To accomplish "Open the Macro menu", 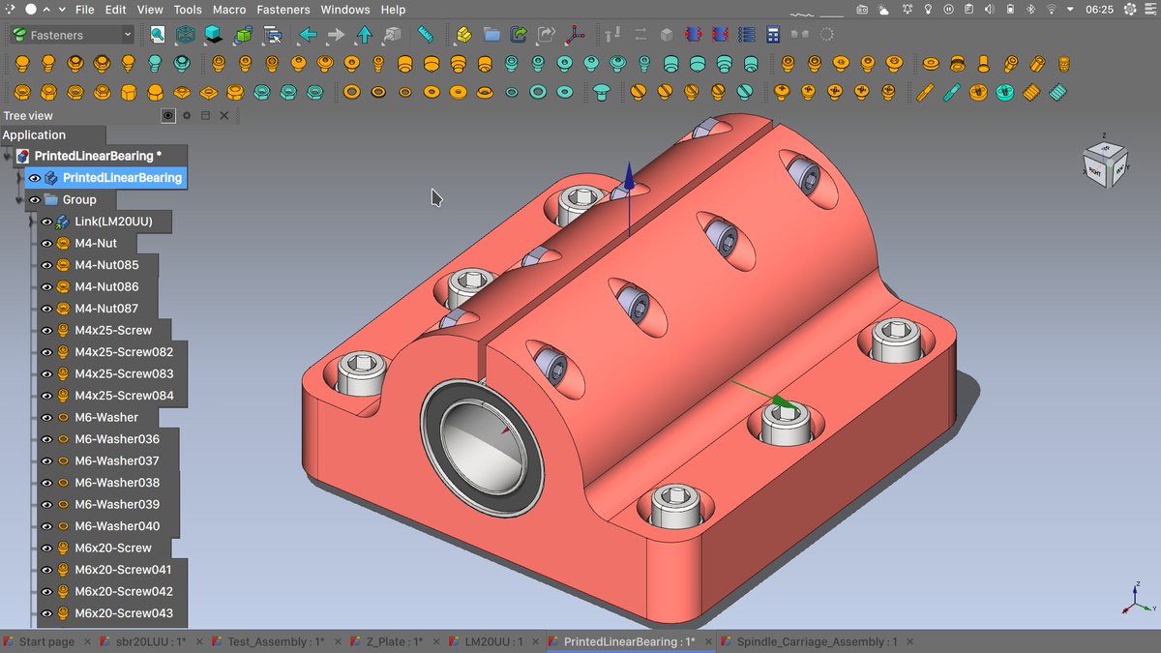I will [229, 10].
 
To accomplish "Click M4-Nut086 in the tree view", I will [106, 286].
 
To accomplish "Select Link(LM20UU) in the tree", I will [113, 222].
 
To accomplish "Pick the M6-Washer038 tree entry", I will [116, 483].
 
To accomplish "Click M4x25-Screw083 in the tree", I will [124, 373].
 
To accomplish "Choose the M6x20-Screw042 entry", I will [124, 591].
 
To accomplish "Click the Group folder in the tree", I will [79, 199].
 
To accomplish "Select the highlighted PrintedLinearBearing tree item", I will [122, 178].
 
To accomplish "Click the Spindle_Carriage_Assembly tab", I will [817, 642].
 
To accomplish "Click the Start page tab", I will [45, 642].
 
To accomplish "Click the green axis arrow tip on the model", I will [782, 402].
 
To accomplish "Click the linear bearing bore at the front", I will [480, 444].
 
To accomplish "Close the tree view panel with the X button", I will [224, 115].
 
